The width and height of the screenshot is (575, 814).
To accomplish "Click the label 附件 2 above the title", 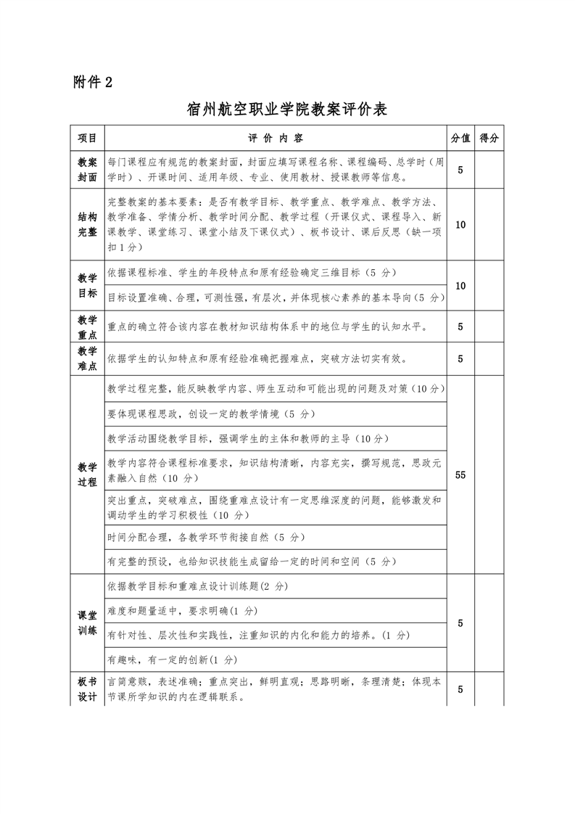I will [x=94, y=81].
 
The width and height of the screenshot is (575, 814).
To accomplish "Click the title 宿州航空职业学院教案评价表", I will [x=287, y=110].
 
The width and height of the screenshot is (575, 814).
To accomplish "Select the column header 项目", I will [x=88, y=138].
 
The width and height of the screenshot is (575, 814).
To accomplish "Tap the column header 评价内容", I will [x=276, y=138].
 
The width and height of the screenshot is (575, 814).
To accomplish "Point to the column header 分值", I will [x=460, y=138].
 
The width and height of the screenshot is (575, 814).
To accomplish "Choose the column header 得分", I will [x=489, y=138].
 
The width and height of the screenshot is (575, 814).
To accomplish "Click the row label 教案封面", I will [x=88, y=170].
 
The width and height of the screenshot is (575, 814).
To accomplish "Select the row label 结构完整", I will [x=88, y=225].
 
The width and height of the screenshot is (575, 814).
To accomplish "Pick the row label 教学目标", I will [x=88, y=285].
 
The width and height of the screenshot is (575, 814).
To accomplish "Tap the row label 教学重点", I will [x=88, y=326].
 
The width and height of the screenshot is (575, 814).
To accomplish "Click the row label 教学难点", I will [x=88, y=358].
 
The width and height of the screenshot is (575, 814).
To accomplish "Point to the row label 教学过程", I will [x=88, y=474].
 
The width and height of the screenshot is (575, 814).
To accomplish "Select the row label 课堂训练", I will [x=88, y=623].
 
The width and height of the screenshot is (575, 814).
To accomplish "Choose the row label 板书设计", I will [x=88, y=690].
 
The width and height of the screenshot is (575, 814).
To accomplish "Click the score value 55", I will [x=460, y=474].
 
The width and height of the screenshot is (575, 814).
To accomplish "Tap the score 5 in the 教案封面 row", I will [x=460, y=170].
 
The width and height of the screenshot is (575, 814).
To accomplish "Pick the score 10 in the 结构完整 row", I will [x=460, y=225].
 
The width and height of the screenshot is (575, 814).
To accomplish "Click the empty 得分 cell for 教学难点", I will [x=489, y=358].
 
